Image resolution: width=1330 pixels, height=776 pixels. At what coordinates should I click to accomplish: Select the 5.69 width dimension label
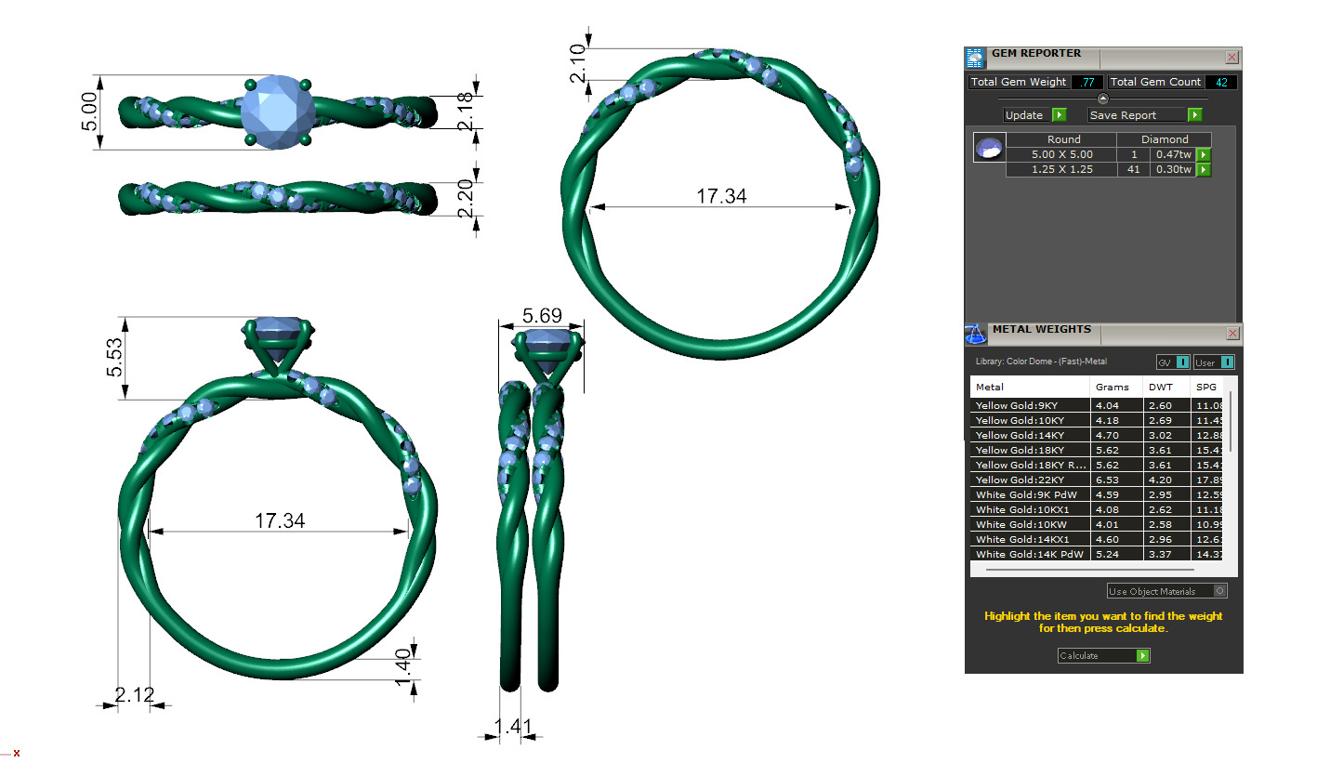[x=541, y=316]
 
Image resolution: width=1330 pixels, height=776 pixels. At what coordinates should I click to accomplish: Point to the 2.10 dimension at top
[x=578, y=63]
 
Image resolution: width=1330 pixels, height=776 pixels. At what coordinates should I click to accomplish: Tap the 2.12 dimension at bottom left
[x=134, y=693]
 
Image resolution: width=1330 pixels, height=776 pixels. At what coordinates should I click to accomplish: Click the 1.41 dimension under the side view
[x=507, y=726]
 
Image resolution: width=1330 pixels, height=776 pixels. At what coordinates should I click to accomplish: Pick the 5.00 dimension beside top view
[x=88, y=112]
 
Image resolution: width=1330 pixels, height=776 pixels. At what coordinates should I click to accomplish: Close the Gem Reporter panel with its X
[x=1231, y=57]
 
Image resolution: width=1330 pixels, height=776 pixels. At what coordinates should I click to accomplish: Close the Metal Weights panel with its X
[x=1231, y=333]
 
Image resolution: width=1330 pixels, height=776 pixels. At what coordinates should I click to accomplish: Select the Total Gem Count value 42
[x=1220, y=82]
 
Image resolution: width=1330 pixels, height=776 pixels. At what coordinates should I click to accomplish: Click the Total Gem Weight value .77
[x=1086, y=82]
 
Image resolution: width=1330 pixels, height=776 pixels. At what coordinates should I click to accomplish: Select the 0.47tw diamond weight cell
[x=1172, y=154]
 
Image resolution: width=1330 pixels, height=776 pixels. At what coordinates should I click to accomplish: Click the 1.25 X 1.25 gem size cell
[x=1062, y=169]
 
